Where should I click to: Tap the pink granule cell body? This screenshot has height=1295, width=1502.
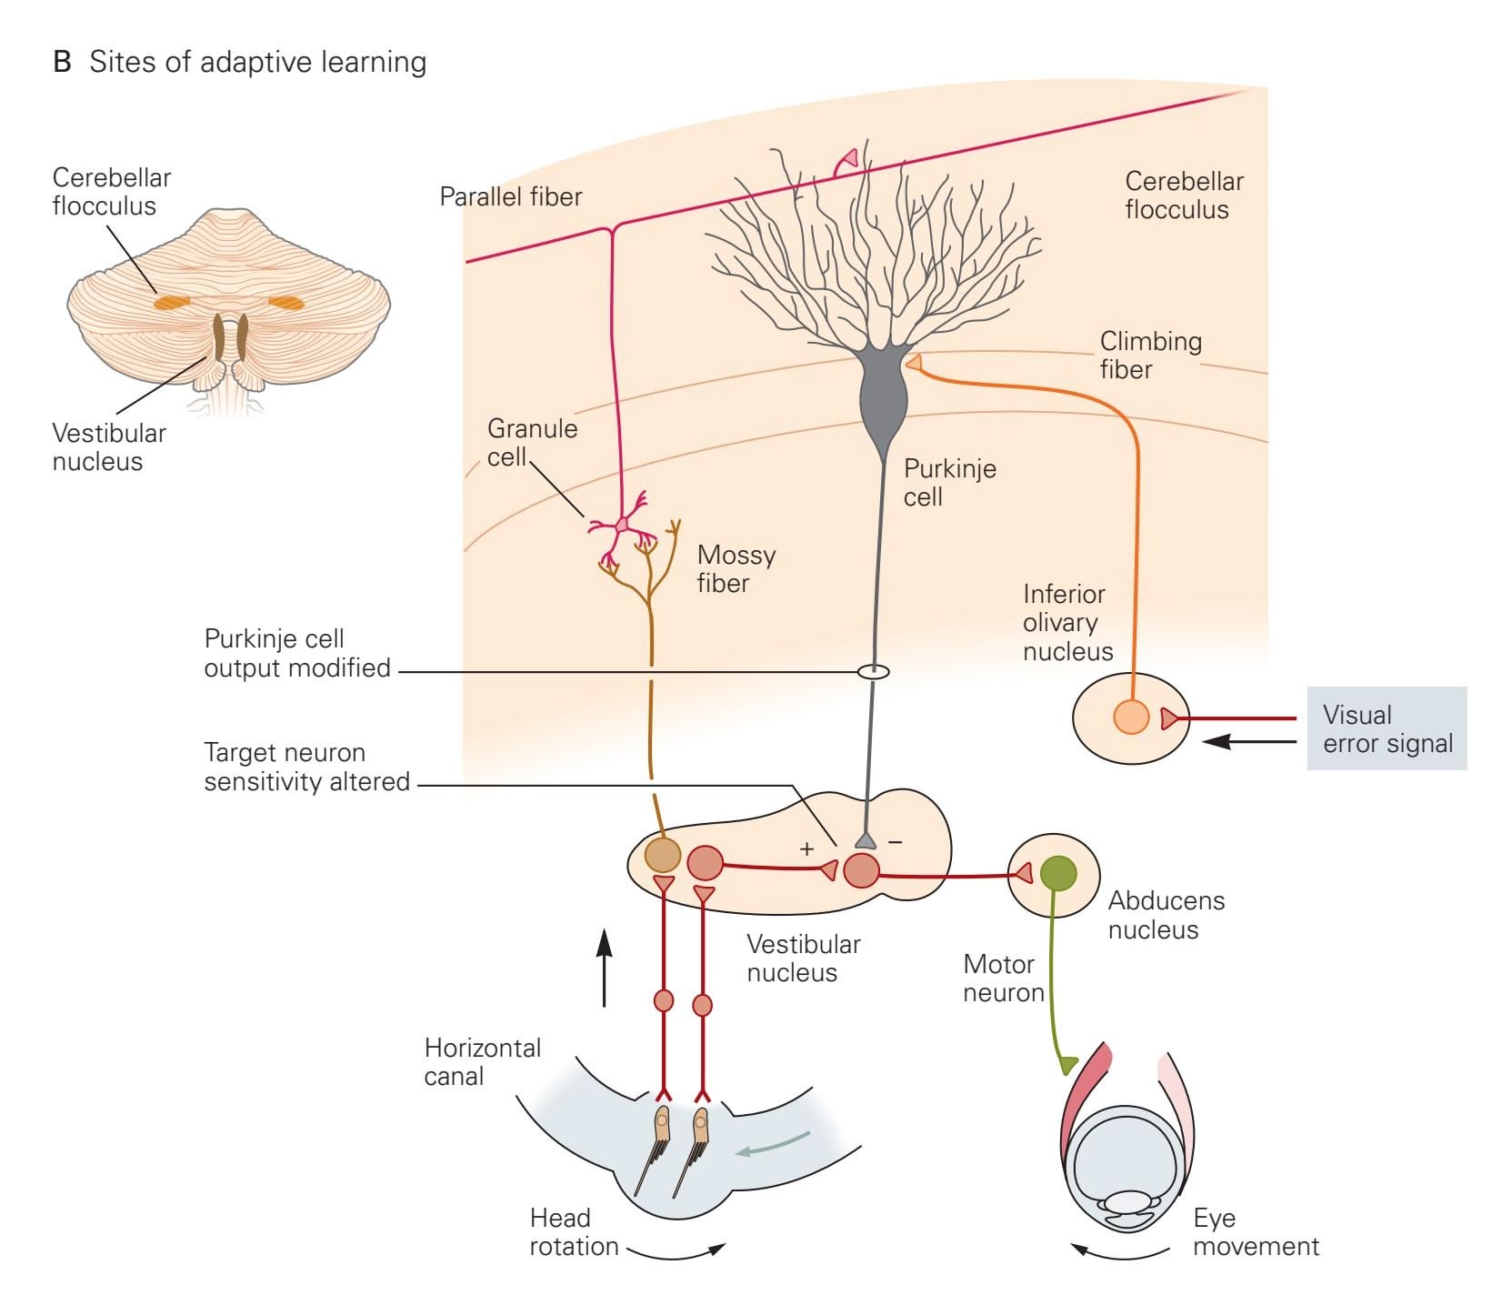point(622,525)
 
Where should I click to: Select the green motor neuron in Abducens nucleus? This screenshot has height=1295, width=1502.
point(1057,874)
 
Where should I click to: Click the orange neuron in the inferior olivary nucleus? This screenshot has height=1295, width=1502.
point(1131,717)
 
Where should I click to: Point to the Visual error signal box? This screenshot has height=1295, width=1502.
point(1387,728)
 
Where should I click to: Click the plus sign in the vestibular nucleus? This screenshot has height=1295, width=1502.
point(806,849)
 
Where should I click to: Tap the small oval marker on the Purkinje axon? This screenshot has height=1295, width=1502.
point(874,672)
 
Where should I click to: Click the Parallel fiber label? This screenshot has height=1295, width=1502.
point(510,196)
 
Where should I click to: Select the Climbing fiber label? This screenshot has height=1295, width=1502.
point(1150,355)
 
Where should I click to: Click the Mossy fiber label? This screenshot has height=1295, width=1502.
point(736,568)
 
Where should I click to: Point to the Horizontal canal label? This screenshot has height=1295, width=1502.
point(482,1061)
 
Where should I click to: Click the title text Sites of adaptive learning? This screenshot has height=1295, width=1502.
point(257,62)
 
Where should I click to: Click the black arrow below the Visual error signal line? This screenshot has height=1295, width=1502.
point(1249,742)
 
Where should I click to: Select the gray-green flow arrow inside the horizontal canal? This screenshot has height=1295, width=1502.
point(773,1145)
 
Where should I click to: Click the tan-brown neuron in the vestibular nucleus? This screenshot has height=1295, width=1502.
point(662,856)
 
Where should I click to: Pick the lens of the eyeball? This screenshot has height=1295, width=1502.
point(1127,1203)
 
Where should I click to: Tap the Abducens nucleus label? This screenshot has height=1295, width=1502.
point(1166,915)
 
